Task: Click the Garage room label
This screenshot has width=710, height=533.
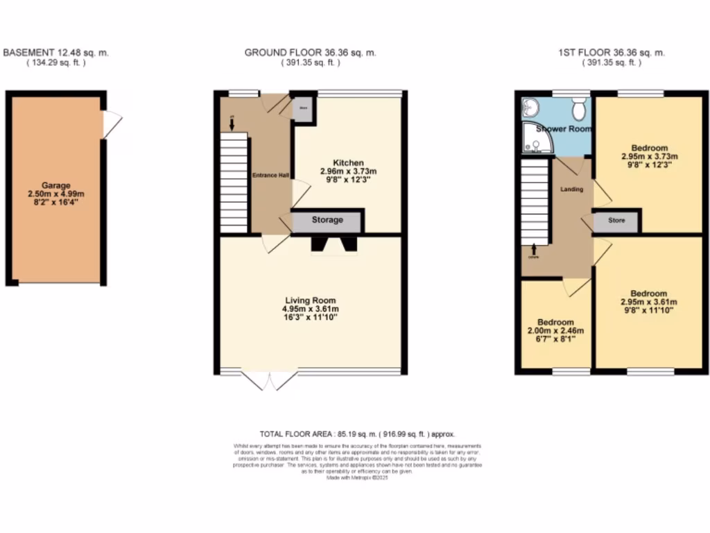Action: [x=55, y=185]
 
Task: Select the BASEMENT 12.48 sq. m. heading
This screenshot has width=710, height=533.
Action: [x=56, y=53]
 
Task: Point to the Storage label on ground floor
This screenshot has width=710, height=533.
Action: [x=327, y=220]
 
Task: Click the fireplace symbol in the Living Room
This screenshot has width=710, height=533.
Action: [x=334, y=244]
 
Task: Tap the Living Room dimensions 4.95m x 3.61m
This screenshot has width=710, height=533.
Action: [x=310, y=309]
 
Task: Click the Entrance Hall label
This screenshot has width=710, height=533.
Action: [x=270, y=175]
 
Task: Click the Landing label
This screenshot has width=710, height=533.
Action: [x=571, y=189]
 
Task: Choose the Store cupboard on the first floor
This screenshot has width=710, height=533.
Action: [x=616, y=221]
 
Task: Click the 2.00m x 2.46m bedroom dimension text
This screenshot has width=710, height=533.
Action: [x=555, y=332]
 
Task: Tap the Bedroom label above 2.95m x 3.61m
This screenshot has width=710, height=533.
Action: [x=648, y=294]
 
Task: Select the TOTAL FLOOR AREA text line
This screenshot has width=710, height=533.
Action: [x=357, y=434]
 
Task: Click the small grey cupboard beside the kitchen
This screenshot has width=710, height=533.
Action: [x=303, y=109]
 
